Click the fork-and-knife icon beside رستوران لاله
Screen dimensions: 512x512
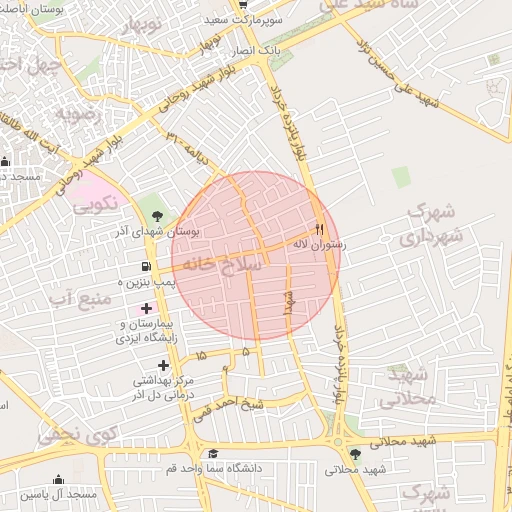[320, 228]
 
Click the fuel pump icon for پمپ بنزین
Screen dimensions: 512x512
[148, 267]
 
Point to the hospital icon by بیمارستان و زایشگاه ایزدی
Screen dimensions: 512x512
[148, 308]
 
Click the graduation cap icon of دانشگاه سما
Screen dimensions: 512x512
[212, 454]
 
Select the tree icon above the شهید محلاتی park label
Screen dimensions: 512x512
[355, 455]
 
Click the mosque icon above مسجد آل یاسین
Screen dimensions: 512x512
[59, 480]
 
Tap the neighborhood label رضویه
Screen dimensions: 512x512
[79, 113]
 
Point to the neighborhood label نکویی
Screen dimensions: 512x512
[96, 203]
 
